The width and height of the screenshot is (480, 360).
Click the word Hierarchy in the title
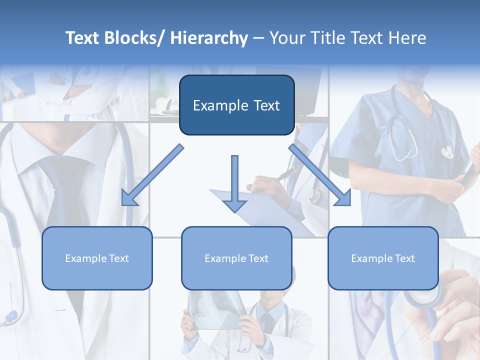pyautogui.click(x=209, y=38)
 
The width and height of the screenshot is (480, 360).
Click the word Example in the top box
pyautogui.click(x=213, y=105)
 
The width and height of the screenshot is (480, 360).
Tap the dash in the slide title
pyautogui.click(x=258, y=38)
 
